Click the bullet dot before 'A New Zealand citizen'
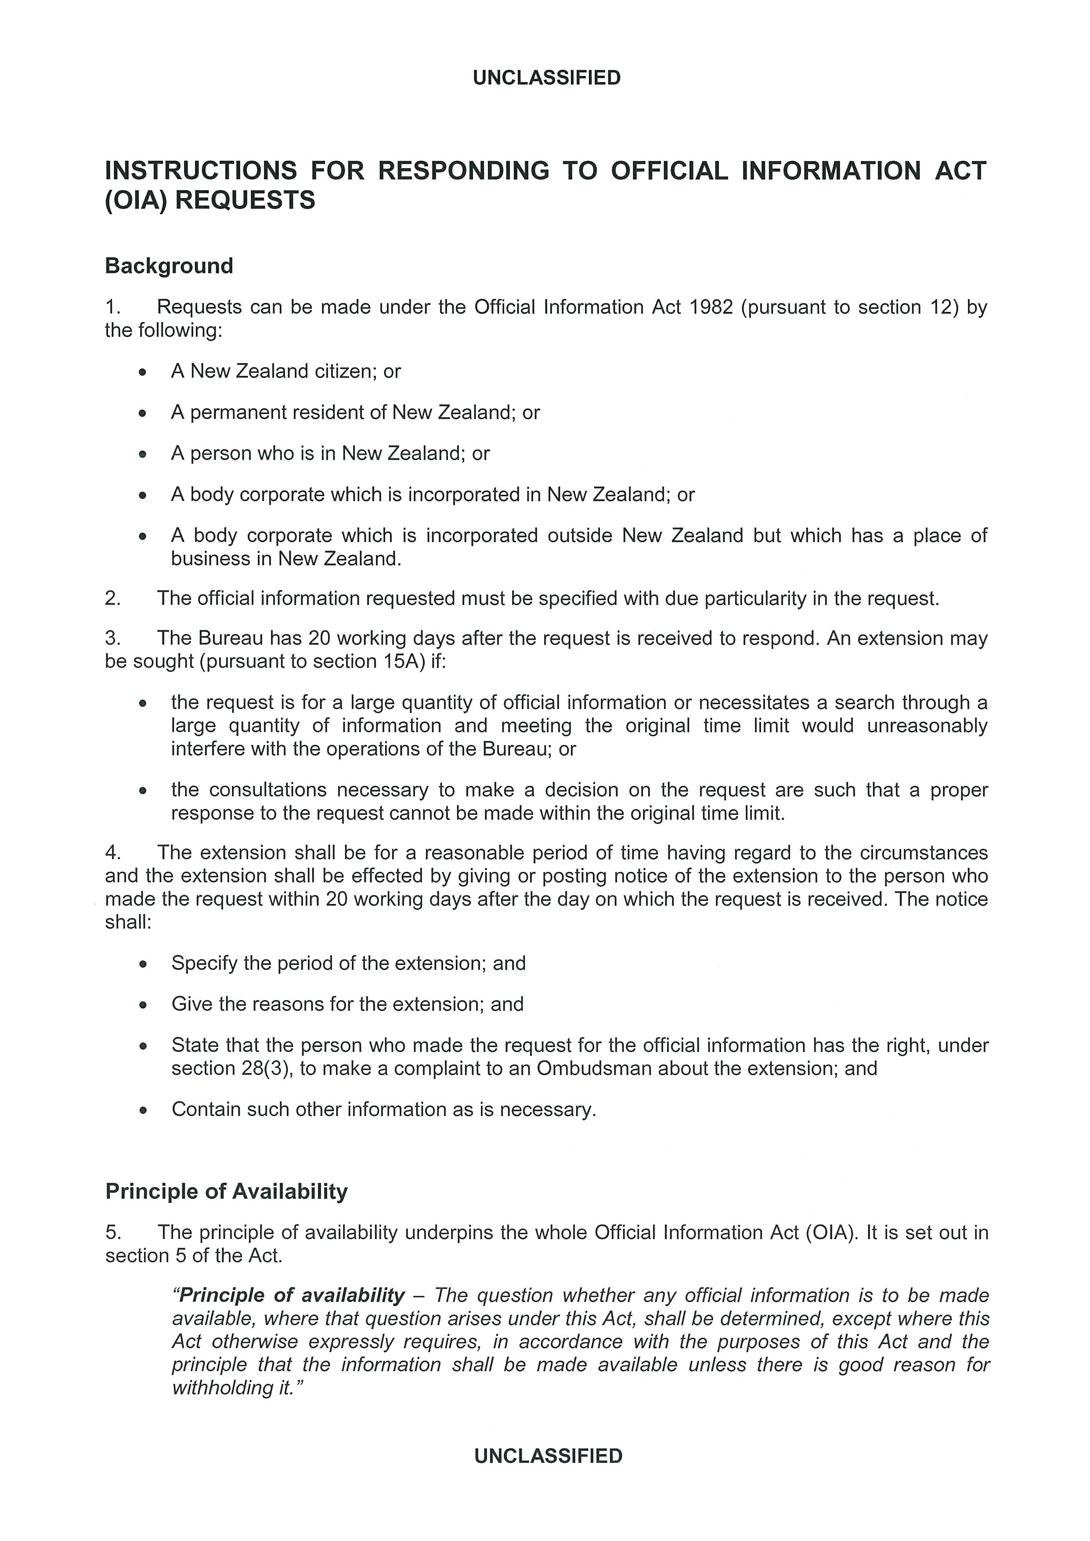point(142,372)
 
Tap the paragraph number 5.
point(112,1232)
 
